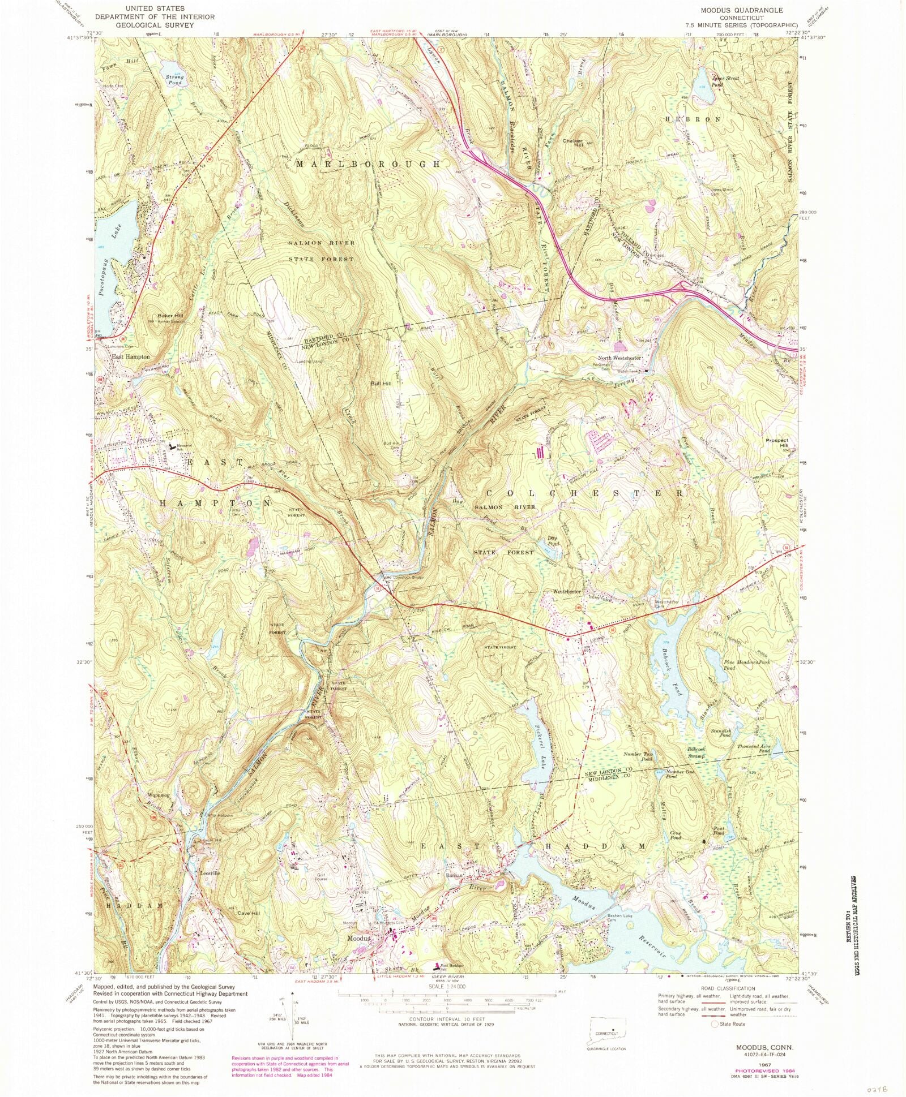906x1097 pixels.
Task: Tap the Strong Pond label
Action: pyautogui.click(x=174, y=80)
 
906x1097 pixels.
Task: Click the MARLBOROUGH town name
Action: pyautogui.click(x=367, y=164)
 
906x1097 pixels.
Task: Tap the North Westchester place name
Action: pyautogui.click(x=619, y=358)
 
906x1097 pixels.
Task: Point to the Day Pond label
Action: pyautogui.click(x=553, y=540)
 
